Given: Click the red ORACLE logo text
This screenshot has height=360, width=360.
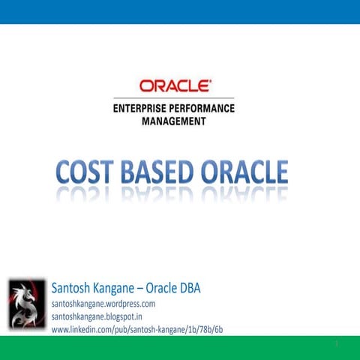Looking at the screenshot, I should pos(175,86).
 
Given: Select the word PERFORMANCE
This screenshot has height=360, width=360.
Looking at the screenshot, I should pos(205,108).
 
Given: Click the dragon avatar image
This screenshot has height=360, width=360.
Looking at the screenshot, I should pos(26,303).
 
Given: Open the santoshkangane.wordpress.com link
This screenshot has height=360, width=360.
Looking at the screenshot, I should pos(103,304).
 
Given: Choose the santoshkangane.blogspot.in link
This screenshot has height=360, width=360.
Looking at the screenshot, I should pos(97,317).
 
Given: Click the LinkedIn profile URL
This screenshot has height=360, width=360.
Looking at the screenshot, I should pos(136,329).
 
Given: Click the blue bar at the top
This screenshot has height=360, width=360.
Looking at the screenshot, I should pos(180,11).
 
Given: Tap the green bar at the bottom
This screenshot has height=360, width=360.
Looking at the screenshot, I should pos(180,348).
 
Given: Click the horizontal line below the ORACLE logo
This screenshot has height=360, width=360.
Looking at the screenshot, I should pos(174,98).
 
